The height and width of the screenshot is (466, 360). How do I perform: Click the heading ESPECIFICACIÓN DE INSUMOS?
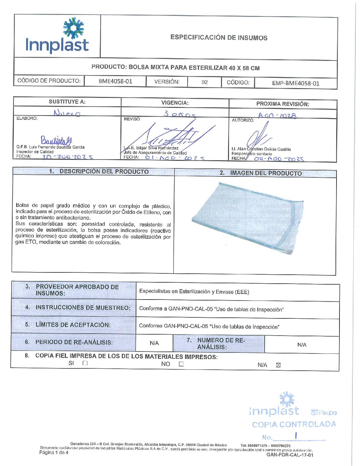coord(219,37)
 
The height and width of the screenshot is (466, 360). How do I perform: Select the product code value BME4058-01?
coord(115,81)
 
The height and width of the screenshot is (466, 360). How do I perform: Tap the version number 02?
coord(204,82)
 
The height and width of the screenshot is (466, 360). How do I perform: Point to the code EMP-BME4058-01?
coord(295,83)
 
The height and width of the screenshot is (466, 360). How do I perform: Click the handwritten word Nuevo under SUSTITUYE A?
coord(67,113)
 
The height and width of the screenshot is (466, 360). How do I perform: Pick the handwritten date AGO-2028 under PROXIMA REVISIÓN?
coord(277,116)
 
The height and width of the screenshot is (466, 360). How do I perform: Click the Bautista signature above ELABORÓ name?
coord(56,140)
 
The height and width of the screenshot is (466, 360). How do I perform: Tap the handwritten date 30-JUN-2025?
coord(67,157)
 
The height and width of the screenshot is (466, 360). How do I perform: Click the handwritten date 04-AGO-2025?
coord(279,159)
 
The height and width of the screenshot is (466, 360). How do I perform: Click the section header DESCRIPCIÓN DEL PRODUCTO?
coord(104,171)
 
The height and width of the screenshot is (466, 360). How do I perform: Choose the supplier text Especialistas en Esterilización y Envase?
coord(194,292)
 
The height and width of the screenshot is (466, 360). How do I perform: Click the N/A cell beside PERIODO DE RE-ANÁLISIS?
coord(154,343)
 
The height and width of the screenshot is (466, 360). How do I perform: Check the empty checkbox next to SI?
coord(85,363)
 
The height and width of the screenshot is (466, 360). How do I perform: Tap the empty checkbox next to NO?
coord(181,364)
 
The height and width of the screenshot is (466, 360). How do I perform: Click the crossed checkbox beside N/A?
coord(278,365)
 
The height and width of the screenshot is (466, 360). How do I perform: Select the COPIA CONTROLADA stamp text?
coord(294,424)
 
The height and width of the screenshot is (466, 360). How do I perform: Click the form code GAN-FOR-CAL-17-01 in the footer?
coord(290,455)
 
